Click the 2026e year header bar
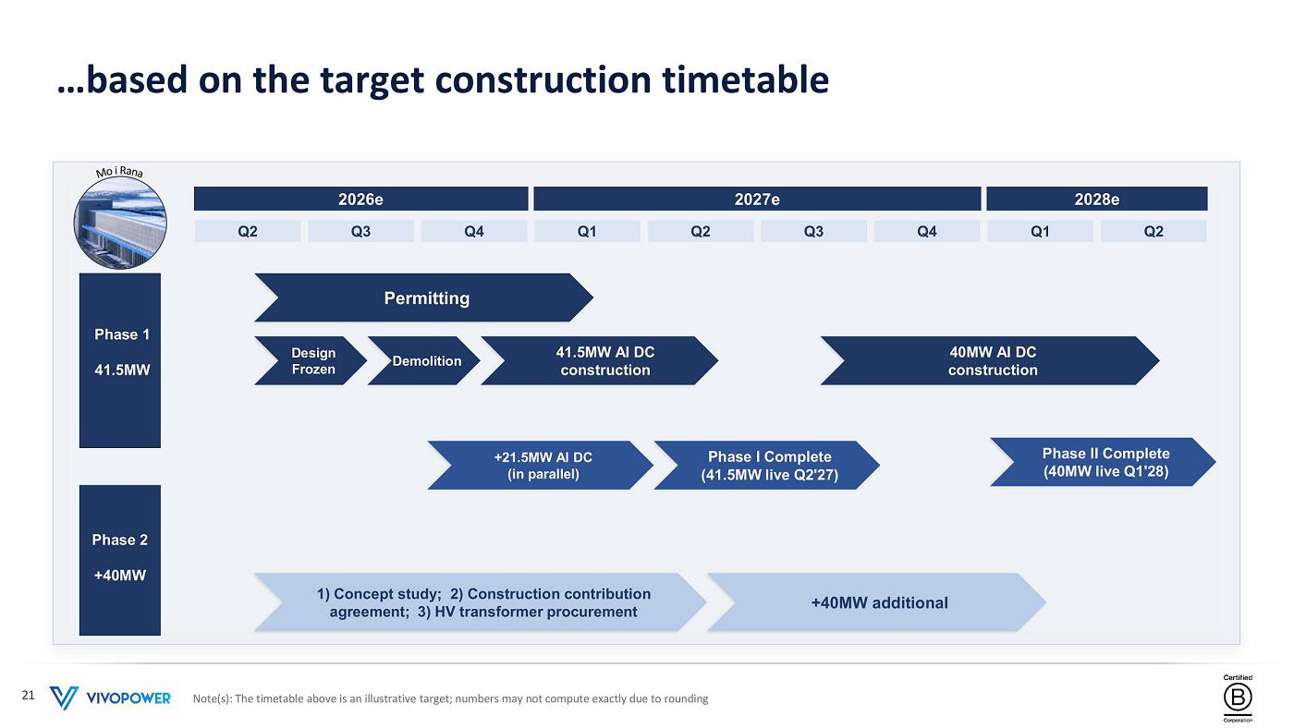point(361,199)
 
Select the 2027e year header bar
point(757,199)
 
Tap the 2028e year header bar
point(1097,199)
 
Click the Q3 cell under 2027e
point(813,231)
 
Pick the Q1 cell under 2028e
point(1040,231)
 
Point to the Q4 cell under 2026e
point(473,231)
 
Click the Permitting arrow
point(424,297)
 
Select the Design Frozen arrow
point(311,361)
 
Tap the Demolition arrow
point(424,361)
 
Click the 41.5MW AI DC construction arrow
point(600,361)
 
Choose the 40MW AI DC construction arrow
point(990,361)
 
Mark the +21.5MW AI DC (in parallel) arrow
point(541,466)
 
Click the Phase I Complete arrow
point(767,466)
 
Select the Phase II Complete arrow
point(1104,462)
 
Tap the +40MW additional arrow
point(877,602)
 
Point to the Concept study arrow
point(481,602)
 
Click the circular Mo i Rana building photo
point(120,223)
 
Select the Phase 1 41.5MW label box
point(120,360)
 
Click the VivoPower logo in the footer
point(110,698)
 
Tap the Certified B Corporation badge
point(1238,698)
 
